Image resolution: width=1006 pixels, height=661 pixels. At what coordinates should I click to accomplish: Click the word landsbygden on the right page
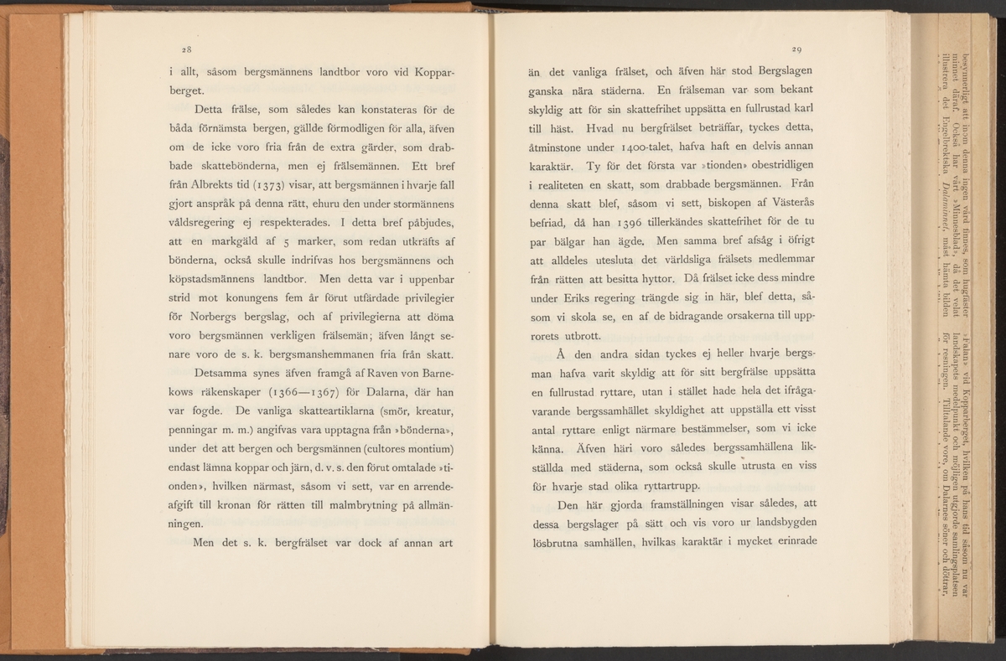774,524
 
